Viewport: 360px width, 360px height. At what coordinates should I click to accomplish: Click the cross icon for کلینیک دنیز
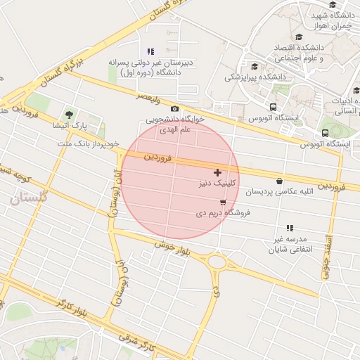217,172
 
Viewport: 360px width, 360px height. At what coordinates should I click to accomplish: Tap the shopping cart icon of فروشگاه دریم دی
223,202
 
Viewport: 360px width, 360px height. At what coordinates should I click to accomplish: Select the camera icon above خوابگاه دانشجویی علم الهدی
174,108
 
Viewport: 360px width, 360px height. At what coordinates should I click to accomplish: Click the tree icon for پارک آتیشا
68,114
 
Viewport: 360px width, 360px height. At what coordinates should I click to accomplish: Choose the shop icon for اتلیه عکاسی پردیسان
279,181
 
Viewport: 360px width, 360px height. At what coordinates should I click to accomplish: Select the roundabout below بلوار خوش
217,263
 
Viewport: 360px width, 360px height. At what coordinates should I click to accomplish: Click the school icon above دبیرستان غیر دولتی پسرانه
150,51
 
